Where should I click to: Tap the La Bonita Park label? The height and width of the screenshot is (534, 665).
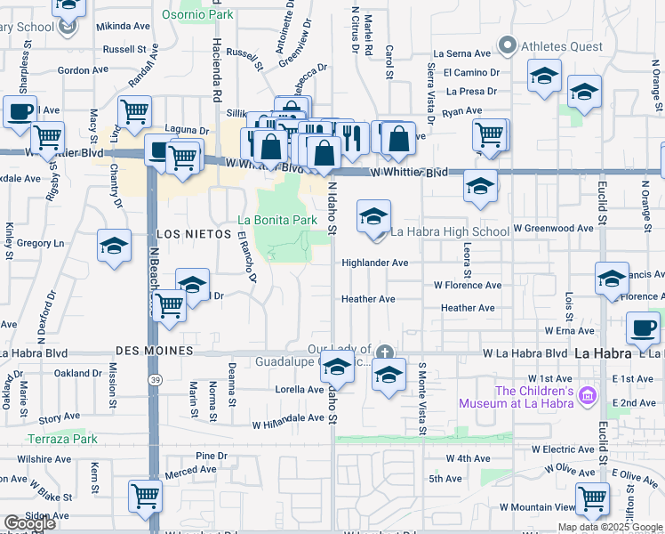277,220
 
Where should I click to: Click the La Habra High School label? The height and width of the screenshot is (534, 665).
450,231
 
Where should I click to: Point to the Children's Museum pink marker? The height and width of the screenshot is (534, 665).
586,394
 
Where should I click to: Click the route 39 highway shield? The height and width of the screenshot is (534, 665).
156,380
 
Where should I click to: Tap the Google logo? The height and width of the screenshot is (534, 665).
29,523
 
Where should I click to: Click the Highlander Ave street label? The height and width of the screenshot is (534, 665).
375,263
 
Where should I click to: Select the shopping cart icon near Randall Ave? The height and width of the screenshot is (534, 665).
134,112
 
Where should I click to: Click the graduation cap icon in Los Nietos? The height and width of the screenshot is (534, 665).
114,247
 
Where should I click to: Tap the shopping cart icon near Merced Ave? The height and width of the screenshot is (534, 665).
145,497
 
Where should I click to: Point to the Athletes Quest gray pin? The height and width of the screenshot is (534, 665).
508,44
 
